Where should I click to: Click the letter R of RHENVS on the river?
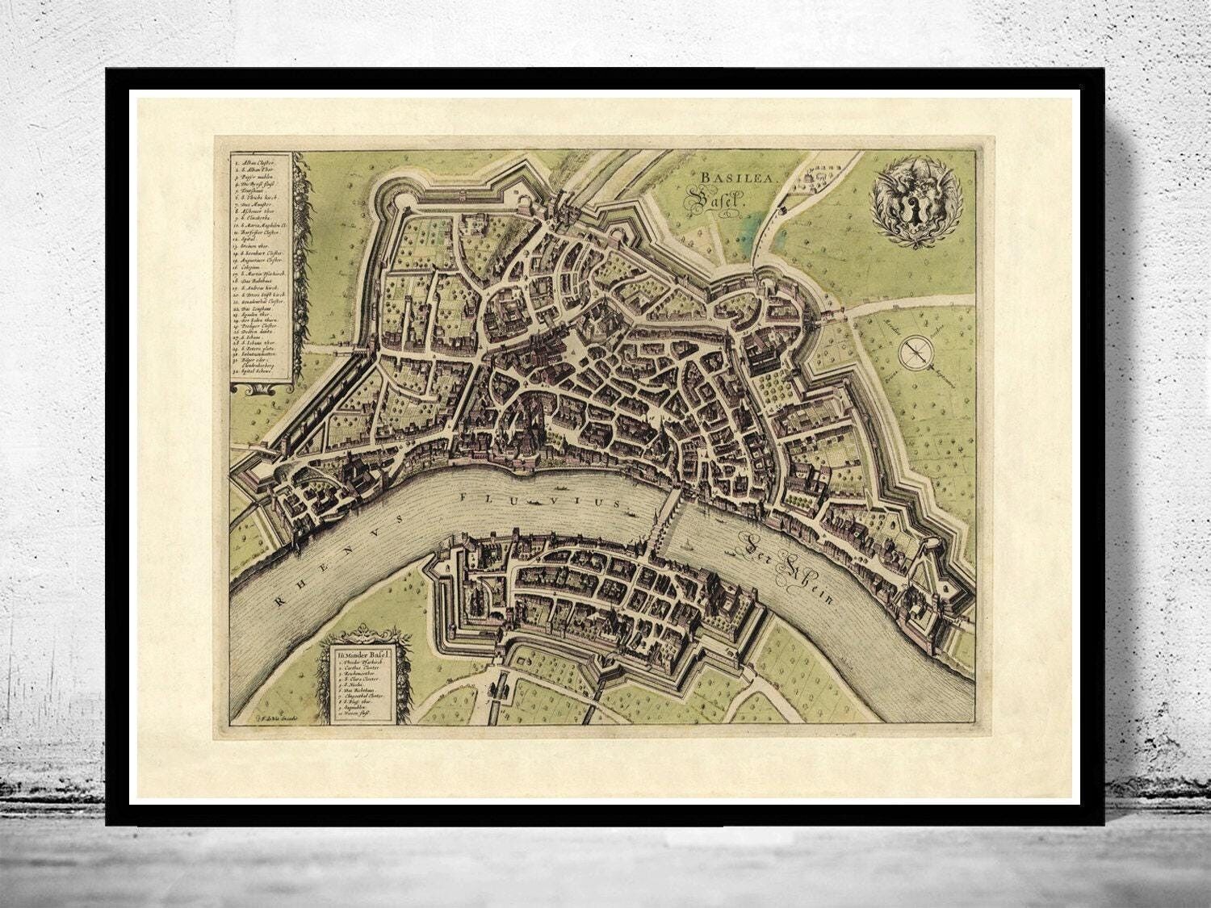tap(278, 600)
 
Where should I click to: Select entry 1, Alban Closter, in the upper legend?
tap(259, 164)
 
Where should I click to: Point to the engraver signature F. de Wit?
tap(275, 717)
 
